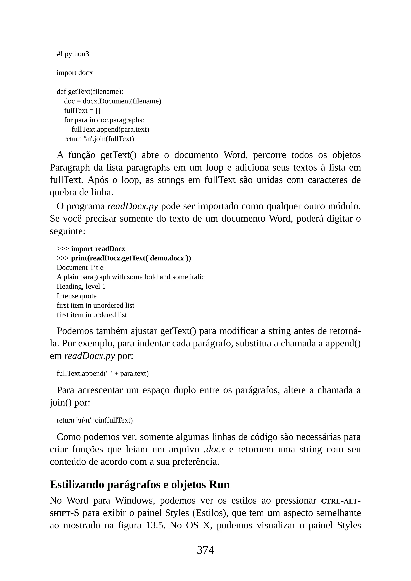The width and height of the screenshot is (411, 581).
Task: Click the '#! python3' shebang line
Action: click(73, 54)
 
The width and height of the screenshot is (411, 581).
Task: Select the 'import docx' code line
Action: click(75, 73)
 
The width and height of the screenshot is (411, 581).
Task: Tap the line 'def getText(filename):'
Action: click(90, 92)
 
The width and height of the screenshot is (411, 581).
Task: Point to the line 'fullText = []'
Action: click(82, 111)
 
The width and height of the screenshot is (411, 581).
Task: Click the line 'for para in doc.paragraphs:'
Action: click(104, 120)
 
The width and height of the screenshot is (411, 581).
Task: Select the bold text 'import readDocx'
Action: click(98, 249)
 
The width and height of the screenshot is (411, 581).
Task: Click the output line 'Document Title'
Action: click(80, 267)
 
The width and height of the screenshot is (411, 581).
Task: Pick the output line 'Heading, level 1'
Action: click(81, 286)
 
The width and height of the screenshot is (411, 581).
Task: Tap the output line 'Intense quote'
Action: click(76, 296)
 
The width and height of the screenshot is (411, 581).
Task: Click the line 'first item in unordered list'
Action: click(95, 305)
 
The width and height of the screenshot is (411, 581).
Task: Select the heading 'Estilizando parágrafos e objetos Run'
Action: click(140, 485)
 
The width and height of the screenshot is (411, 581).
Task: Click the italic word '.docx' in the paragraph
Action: click(214, 449)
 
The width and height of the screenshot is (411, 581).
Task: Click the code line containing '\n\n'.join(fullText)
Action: click(95, 420)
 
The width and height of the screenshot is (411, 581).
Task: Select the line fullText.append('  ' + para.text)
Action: click(103, 374)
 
